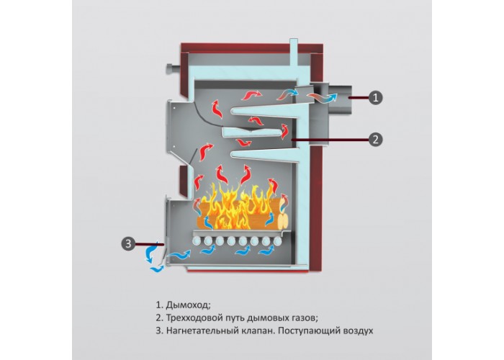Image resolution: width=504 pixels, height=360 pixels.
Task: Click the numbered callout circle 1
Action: pyautogui.click(x=375, y=97)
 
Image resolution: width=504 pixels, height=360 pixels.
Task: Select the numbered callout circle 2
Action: pyautogui.click(x=375, y=140)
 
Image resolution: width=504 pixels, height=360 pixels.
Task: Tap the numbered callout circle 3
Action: pyautogui.click(x=129, y=243)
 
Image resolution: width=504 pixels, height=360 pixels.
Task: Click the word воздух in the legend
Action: pyautogui.click(x=359, y=331)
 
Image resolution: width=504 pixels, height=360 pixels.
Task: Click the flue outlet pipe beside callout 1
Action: pyautogui.click(x=339, y=99)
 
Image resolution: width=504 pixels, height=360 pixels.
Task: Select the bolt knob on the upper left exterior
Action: pyautogui.click(x=173, y=69)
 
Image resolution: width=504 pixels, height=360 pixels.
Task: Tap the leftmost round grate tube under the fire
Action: pyautogui.click(x=196, y=241)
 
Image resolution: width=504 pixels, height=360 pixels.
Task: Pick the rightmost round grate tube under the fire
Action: pyautogui.click(x=277, y=241)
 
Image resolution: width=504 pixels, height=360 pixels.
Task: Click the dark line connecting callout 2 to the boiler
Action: pyautogui.click(x=329, y=140)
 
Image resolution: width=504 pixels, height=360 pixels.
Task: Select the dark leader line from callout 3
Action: pyautogui.click(x=150, y=244)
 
